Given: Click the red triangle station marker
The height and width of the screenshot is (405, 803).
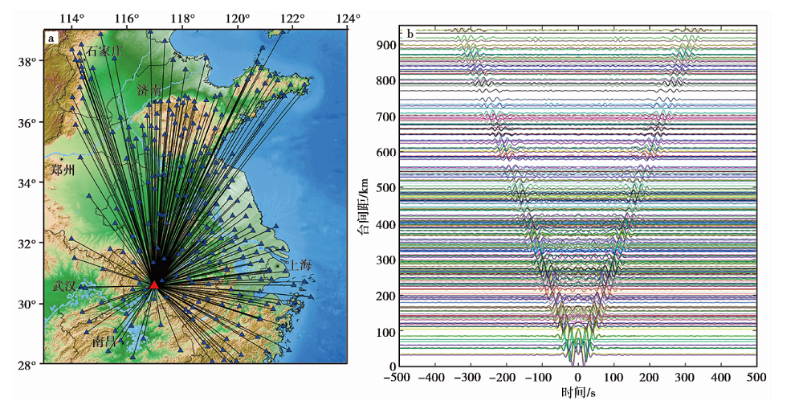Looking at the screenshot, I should (x=154, y=284).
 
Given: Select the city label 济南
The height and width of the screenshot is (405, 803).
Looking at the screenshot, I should (x=149, y=89).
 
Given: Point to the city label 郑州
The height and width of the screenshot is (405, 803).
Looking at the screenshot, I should (x=62, y=170).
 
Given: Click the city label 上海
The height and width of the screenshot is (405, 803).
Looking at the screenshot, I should (x=300, y=264).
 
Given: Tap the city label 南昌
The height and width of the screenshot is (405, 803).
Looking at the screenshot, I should (x=104, y=342).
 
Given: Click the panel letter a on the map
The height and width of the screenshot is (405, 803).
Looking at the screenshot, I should (x=51, y=37).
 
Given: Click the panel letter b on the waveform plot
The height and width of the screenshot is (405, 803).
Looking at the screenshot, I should (x=410, y=33).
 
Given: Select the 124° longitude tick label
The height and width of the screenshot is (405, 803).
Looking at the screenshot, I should (x=347, y=18).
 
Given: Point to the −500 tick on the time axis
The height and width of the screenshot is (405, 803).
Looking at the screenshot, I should (x=399, y=377).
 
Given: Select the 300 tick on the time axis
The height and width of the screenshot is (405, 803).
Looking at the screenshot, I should (x=685, y=377).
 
